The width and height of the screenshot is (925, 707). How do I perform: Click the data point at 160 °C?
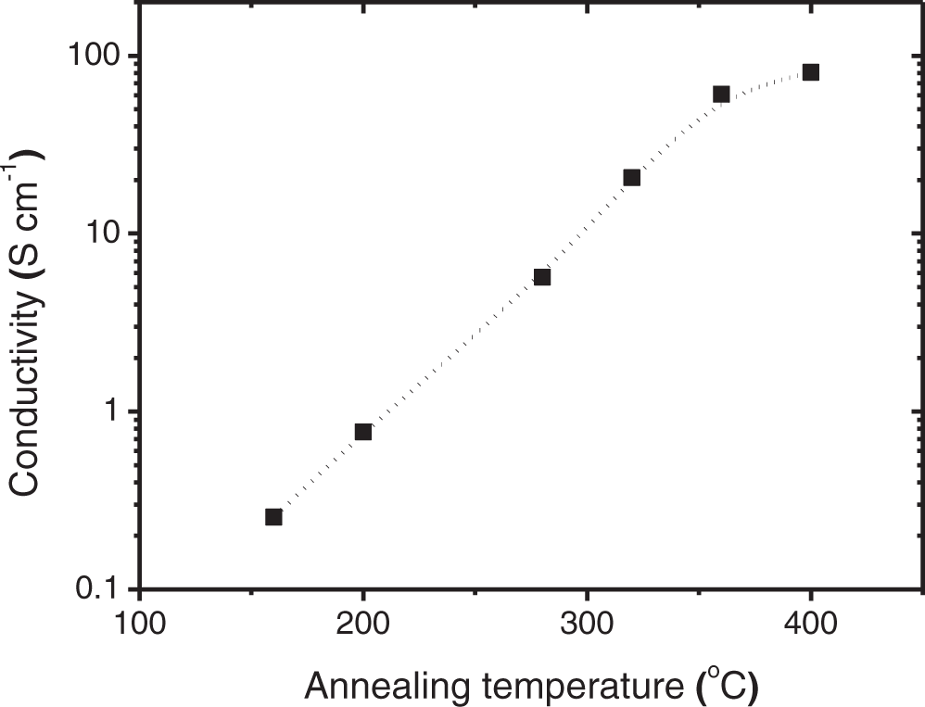[273, 517]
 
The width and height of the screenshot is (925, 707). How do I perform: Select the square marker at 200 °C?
[363, 432]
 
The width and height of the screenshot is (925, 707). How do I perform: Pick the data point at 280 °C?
[542, 277]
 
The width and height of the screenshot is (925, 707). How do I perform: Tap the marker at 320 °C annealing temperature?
[632, 178]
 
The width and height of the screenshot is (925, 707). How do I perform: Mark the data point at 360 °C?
[721, 94]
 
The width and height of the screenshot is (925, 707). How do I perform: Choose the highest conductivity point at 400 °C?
[811, 72]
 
